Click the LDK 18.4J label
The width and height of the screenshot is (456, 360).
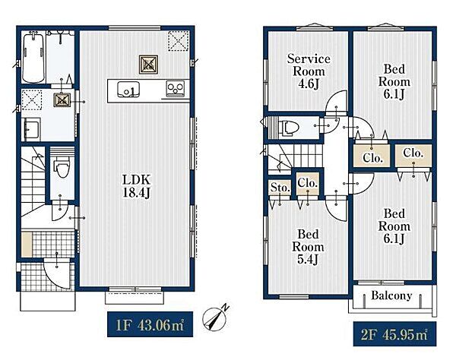click(136, 186)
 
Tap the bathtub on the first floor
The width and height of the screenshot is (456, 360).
click(33, 58)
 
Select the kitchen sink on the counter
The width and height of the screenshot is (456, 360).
click(128, 90)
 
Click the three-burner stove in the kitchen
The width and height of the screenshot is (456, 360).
click(175, 88)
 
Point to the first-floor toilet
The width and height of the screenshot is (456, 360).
click(62, 166)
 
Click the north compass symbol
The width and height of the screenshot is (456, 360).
click(214, 318)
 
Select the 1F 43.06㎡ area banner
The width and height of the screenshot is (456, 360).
click(150, 324)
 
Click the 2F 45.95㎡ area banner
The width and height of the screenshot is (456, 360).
click(394, 334)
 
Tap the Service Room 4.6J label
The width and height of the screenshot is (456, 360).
click(309, 71)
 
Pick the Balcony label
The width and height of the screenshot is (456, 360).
click(391, 295)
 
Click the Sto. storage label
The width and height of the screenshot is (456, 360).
click(280, 188)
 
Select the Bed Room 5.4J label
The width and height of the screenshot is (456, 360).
click(308, 247)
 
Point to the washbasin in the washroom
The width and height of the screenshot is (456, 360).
click(31, 129)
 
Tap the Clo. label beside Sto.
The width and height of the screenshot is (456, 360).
click(307, 183)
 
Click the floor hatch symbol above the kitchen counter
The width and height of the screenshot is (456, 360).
click(148, 65)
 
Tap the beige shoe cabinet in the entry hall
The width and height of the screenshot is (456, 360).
click(27, 245)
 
